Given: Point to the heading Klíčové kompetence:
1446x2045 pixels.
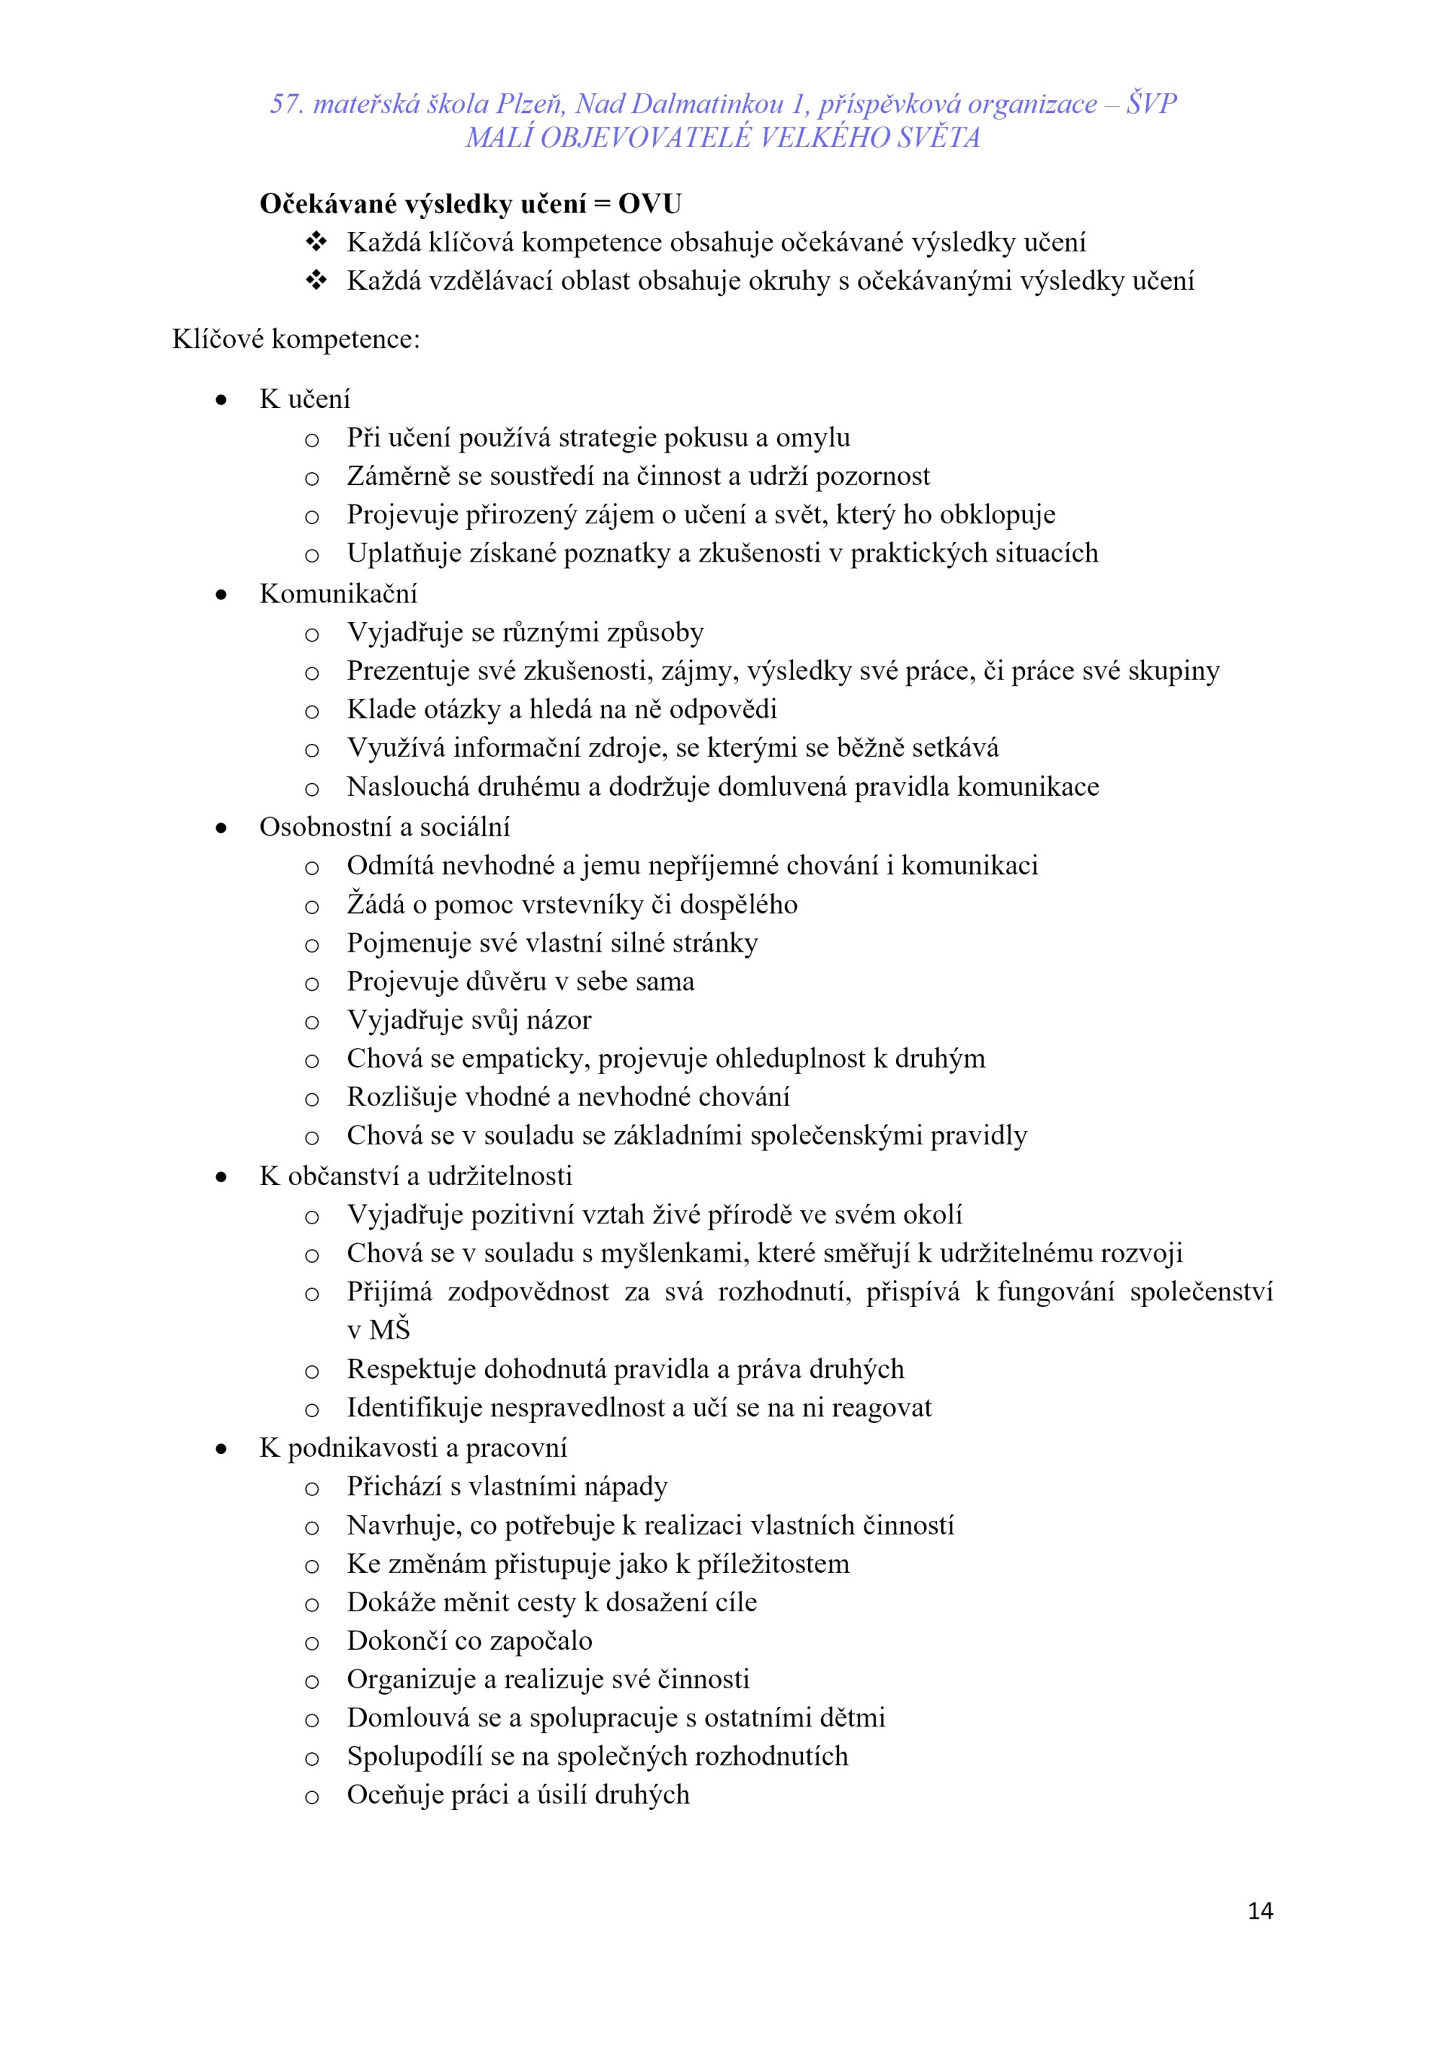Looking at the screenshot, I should tap(296, 340).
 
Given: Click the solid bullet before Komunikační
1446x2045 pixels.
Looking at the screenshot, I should tap(221, 594).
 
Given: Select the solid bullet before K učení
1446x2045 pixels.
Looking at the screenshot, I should tap(221, 400).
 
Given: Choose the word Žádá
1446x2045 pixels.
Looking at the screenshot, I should tap(375, 904).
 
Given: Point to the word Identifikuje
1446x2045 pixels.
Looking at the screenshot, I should tap(415, 1407).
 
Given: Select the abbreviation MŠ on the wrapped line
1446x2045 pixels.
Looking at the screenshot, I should tap(389, 1330).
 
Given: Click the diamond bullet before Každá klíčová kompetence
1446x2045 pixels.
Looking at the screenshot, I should tap(316, 242).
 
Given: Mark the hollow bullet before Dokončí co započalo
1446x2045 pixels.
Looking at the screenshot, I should tap(312, 1642).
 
